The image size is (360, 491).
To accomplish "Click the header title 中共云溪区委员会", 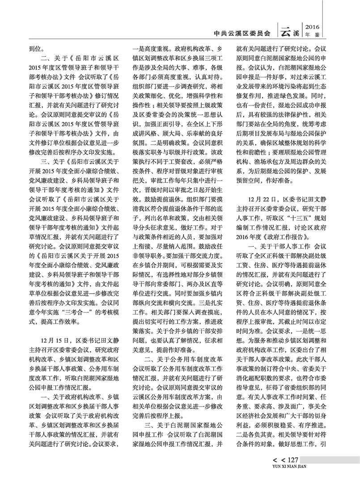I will coord(242,32).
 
